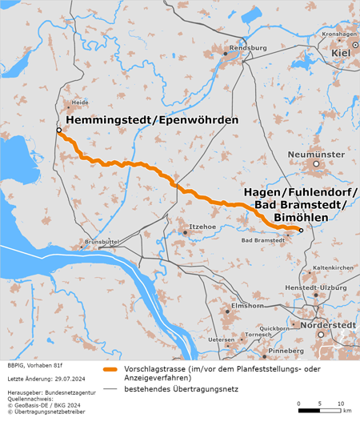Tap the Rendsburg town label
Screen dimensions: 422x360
tap(247, 48)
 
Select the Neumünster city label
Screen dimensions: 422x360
tap(315, 153)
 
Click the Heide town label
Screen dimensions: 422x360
tap(80, 102)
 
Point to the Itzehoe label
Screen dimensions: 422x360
tap(203, 227)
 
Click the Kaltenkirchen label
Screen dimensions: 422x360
tap(332, 267)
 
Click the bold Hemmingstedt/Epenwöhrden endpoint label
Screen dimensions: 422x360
tap(152, 120)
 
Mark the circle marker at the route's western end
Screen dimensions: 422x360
tap(58, 130)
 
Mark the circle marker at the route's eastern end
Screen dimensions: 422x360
tap(300, 231)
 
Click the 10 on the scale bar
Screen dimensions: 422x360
tap(340, 403)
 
